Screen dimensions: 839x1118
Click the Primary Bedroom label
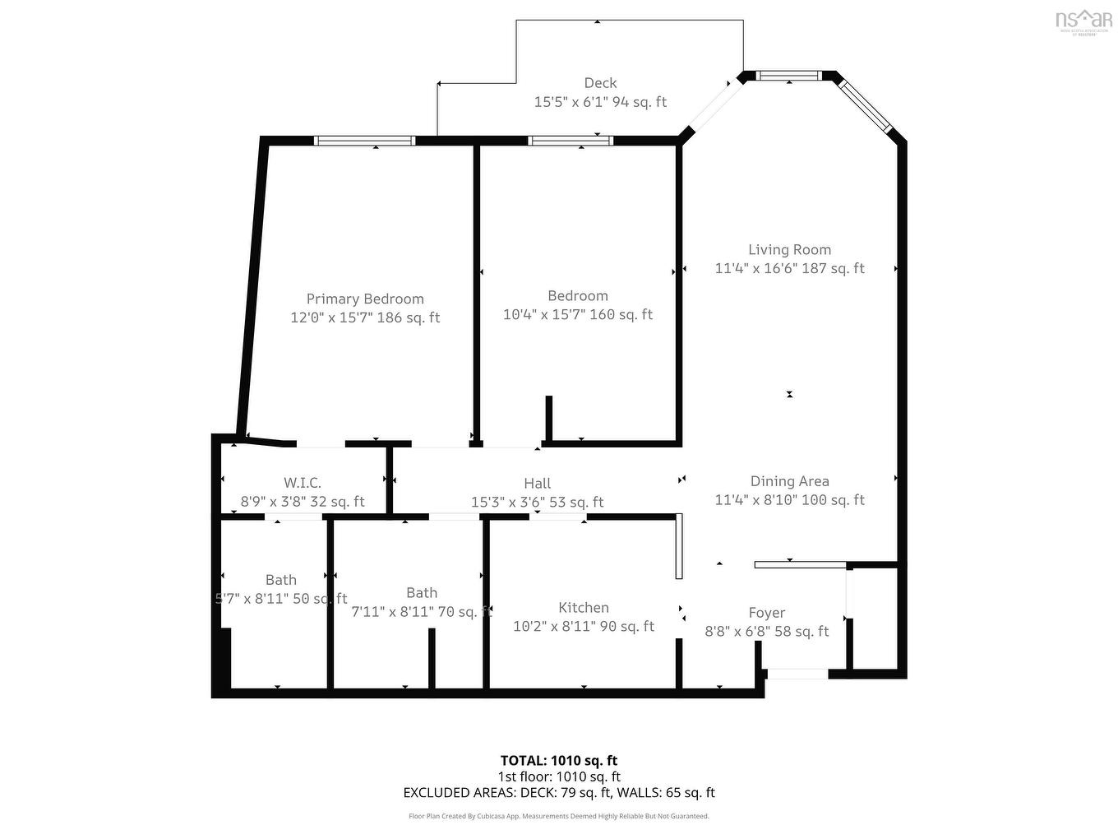(x=365, y=299)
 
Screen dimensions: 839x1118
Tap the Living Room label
(x=789, y=250)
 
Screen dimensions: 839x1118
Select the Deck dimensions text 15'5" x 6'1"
(x=600, y=102)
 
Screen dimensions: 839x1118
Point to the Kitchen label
(x=584, y=608)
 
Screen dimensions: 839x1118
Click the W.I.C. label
(x=303, y=483)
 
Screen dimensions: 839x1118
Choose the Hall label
(x=537, y=484)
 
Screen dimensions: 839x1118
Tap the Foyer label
(x=766, y=613)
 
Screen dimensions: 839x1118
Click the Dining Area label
(x=789, y=481)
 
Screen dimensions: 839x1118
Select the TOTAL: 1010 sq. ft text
(x=559, y=761)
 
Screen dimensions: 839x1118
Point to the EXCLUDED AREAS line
(x=559, y=793)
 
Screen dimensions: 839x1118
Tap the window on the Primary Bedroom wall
(x=365, y=141)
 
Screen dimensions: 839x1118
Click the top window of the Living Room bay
(x=788, y=76)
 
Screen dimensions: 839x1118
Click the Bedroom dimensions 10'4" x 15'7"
(x=577, y=314)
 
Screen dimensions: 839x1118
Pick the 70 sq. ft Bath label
(x=422, y=593)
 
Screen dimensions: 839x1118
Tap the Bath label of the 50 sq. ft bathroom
(x=281, y=580)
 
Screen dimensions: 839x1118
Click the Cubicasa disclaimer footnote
(x=559, y=816)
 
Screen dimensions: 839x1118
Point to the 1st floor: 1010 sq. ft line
(x=559, y=776)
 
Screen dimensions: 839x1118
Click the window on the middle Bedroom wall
(x=571, y=141)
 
